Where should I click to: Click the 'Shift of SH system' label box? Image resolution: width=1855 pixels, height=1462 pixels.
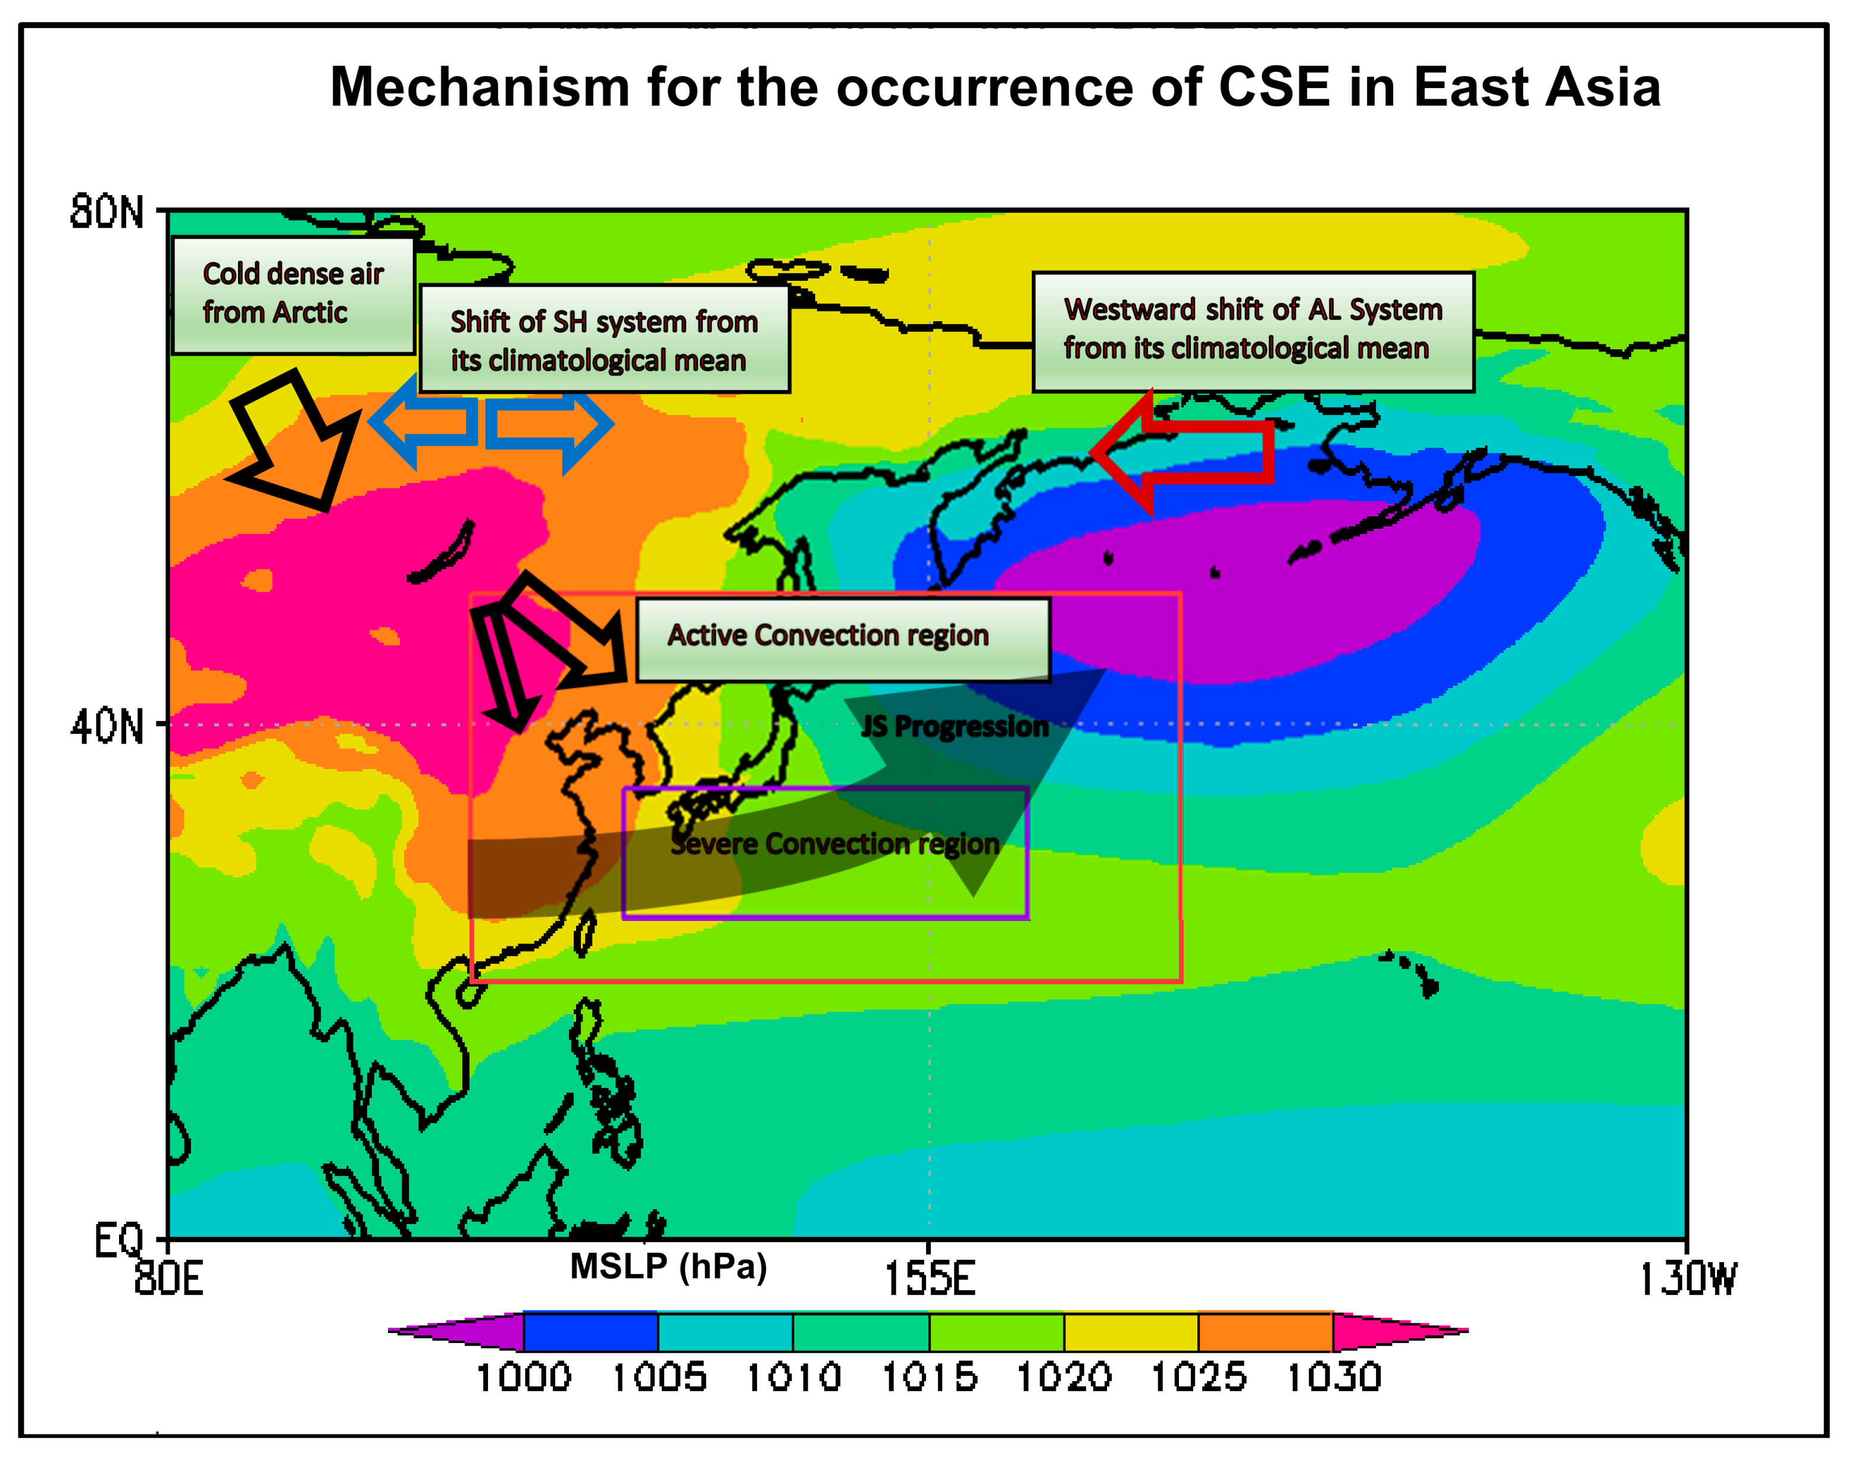(x=605, y=339)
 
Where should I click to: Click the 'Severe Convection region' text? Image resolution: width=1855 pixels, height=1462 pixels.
(x=835, y=844)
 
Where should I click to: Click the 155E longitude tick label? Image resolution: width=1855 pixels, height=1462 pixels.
(x=929, y=1279)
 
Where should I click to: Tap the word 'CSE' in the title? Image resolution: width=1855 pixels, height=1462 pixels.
(x=1274, y=87)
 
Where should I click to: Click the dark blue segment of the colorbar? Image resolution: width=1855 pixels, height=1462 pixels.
(x=590, y=1332)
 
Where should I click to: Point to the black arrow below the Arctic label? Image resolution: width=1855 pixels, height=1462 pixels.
(x=295, y=441)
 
